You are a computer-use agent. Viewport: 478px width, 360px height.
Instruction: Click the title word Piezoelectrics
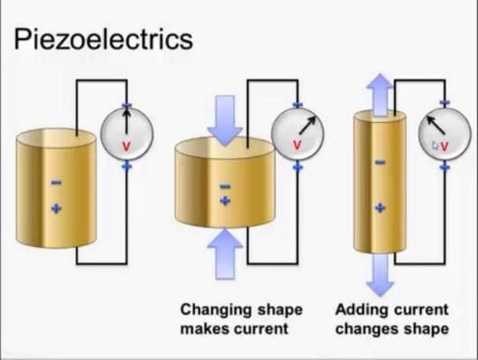103,39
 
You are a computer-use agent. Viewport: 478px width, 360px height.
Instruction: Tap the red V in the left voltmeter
126,147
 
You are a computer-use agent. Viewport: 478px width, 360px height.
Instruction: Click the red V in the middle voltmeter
296,146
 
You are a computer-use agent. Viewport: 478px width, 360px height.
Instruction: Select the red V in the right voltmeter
445,147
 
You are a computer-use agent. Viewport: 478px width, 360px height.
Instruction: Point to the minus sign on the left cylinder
56,183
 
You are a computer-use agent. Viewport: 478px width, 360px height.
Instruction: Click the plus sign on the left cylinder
56,209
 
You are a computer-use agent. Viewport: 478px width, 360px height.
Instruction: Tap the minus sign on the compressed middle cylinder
225,186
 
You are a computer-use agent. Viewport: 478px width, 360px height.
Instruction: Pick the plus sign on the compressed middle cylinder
225,201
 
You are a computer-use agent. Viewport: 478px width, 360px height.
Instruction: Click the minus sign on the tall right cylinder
380,162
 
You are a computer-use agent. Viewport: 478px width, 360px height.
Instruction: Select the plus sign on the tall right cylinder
380,208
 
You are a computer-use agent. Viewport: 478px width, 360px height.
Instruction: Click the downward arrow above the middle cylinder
225,120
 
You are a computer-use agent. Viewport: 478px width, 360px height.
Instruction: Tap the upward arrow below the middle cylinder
225,254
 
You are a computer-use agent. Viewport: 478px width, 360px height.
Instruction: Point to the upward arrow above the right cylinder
380,95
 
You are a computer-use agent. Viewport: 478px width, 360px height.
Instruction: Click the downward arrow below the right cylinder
380,275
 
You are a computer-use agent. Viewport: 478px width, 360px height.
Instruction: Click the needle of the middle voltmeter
307,125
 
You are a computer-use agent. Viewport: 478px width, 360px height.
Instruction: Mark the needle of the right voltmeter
436,125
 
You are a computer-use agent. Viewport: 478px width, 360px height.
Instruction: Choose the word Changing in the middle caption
217,310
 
